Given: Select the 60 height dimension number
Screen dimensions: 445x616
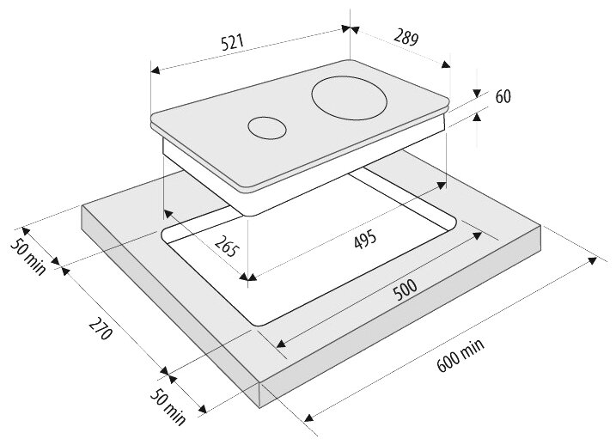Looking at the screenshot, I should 503,96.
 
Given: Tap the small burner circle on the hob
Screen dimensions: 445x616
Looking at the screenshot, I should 266,128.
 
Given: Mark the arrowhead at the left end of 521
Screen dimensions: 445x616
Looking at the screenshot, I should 156,70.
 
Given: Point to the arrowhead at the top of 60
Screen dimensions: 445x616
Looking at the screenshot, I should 476,96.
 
